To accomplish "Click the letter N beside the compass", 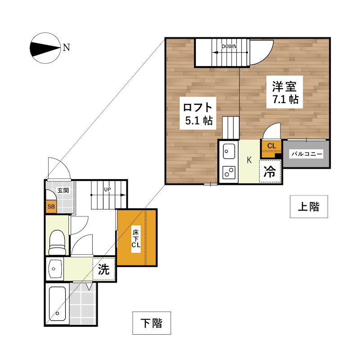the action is (x=66, y=48).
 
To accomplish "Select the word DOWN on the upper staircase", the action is (x=229, y=46).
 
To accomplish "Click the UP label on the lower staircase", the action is (x=108, y=189).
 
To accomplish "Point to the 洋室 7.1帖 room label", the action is (x=285, y=92).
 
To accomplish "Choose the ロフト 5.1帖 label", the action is (x=198, y=113).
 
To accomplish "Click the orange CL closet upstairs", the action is (x=271, y=148).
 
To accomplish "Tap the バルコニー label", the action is (x=307, y=154).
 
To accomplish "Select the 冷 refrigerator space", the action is (x=270, y=171).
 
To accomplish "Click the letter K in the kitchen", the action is (x=249, y=160).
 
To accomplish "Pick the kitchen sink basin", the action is (x=229, y=151).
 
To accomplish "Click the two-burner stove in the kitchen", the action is (x=229, y=172).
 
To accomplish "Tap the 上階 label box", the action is (x=309, y=207).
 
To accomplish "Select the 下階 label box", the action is (x=152, y=323).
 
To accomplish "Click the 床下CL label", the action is (x=136, y=239).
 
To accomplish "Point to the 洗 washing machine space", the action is (x=104, y=269).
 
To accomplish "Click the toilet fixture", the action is (x=57, y=243).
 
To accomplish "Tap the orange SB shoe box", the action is (x=51, y=207).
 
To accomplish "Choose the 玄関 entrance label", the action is (x=63, y=190).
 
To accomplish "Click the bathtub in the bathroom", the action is (x=58, y=303).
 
